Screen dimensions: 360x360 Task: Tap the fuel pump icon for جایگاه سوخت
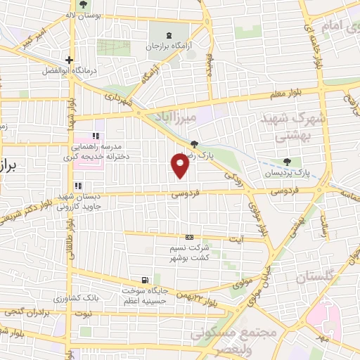click(x=145, y=279)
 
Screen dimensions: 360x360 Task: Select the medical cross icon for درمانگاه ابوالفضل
click(x=69, y=60)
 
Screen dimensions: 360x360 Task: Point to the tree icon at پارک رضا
click(x=205, y=144)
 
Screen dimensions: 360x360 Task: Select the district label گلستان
click(x=309, y=278)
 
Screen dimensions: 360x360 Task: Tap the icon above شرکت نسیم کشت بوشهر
click(x=188, y=237)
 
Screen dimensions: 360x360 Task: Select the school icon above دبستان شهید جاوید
click(x=78, y=186)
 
